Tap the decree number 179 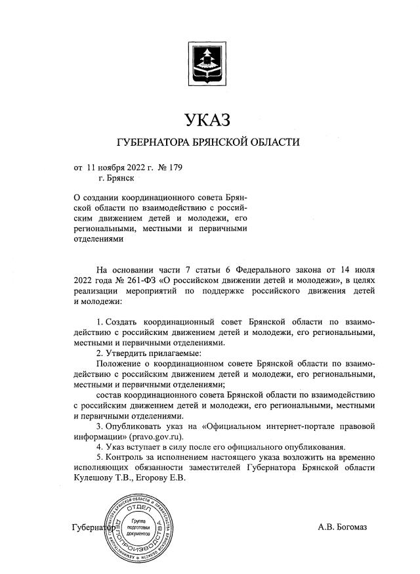pyautogui.click(x=174, y=167)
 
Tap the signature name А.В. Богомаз pyautogui.click(x=343, y=527)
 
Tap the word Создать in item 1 pyautogui.click(x=125, y=322)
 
